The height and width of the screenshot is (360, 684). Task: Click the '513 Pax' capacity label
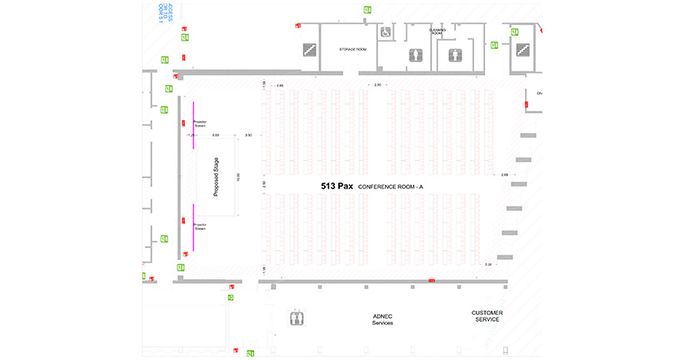(x=337, y=187)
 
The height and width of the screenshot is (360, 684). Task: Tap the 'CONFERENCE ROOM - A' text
(x=391, y=187)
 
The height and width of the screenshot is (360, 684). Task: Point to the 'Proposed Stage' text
(x=216, y=177)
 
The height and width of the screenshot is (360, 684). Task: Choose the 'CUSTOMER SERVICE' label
(x=487, y=317)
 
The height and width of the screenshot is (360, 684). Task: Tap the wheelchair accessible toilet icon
(x=386, y=32)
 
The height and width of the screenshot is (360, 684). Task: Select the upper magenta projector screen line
(x=193, y=125)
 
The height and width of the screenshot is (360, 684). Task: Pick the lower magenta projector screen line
(x=193, y=227)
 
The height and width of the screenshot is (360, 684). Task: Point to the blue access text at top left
(x=164, y=12)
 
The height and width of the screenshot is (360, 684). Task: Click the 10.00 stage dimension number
(x=239, y=176)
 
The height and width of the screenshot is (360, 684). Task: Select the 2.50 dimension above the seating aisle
(x=377, y=85)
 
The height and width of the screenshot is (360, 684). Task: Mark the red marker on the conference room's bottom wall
(x=431, y=282)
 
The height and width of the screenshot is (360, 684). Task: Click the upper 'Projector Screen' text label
(x=200, y=124)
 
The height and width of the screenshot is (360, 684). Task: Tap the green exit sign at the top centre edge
(x=367, y=10)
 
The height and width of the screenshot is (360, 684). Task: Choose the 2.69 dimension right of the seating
(x=504, y=175)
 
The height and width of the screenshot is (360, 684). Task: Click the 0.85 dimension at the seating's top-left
(x=280, y=86)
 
